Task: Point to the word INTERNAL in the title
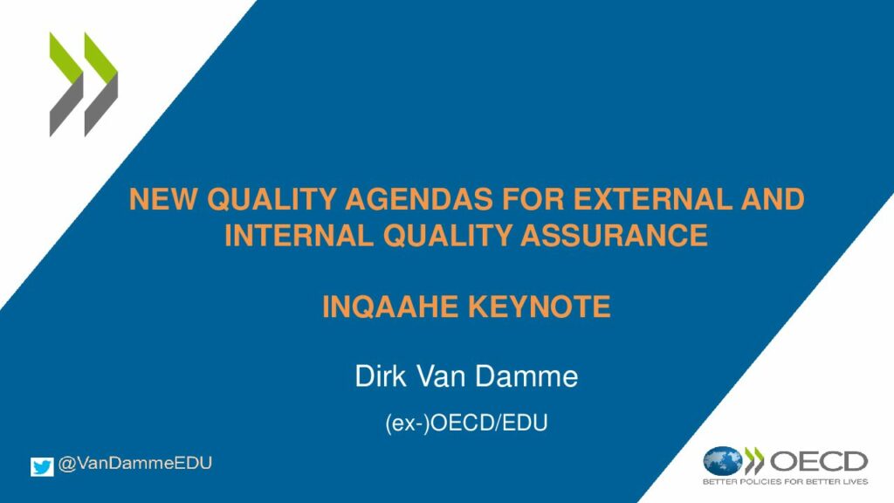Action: (299, 235)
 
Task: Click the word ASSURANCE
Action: (614, 235)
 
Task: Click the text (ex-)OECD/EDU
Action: (466, 424)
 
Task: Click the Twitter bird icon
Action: (42, 466)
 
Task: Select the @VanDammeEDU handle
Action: (135, 463)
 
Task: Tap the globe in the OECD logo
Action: (722, 461)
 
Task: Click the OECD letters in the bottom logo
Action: (819, 461)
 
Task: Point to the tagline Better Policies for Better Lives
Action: (785, 482)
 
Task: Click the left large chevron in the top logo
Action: (66, 85)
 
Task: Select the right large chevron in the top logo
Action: (101, 85)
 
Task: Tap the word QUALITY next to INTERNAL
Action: (447, 235)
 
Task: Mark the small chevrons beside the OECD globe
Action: (754, 461)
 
